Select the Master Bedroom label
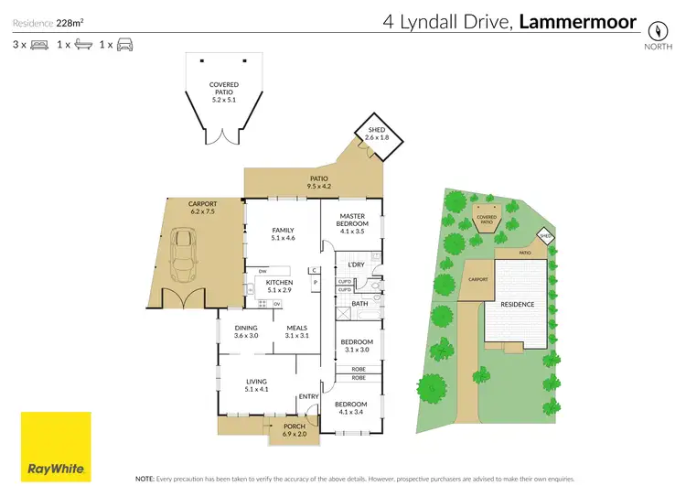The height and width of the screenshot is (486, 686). pos(352,220)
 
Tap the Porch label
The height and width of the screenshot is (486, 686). pos(294,429)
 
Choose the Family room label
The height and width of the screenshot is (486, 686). pos(284,234)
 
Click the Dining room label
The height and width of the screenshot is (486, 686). pos(246,331)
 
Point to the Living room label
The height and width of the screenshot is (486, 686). pos(255,386)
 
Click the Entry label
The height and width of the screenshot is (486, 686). pos(308,396)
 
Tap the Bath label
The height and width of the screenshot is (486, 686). pos(359,304)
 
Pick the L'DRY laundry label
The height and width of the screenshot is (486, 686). pos(357,265)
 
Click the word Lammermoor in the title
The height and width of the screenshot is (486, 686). pos(578,23)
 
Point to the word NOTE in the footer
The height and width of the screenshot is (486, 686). pos(144,478)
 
